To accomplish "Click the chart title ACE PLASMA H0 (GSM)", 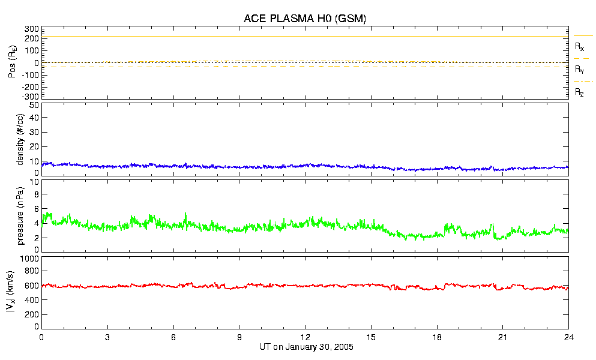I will pos(305,19).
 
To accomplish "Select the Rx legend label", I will pos(580,46).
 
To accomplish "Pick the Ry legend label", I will pos(580,70).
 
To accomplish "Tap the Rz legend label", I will pos(580,92).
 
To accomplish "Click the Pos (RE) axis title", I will pos(10,62).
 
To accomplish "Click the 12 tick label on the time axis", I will pos(305,338).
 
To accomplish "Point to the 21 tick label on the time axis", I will pos(503,338).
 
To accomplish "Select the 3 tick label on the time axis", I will pos(107,338).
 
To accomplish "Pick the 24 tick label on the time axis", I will pos(568,338).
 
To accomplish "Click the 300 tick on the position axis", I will pos(32,29).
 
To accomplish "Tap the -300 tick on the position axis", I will pos(31,96).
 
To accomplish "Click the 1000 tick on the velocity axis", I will pos(30,259).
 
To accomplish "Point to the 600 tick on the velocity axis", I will pos(32,287).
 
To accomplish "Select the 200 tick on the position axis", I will pos(32,40).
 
